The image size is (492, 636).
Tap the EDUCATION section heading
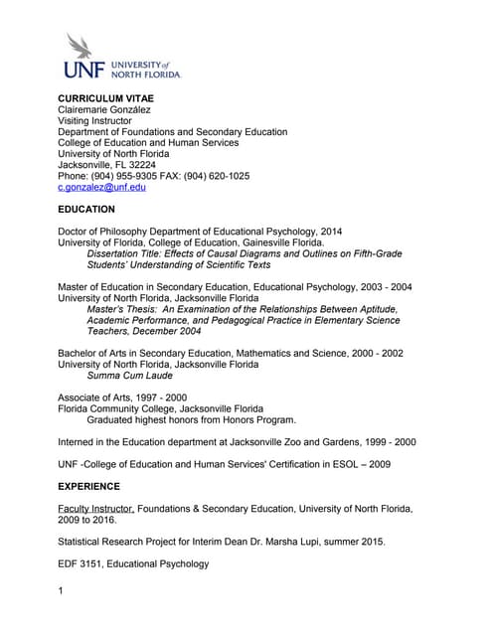click(86, 210)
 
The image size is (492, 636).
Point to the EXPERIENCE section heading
click(89, 487)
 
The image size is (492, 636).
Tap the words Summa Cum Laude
click(130, 376)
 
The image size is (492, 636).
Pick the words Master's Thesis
click(126, 309)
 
